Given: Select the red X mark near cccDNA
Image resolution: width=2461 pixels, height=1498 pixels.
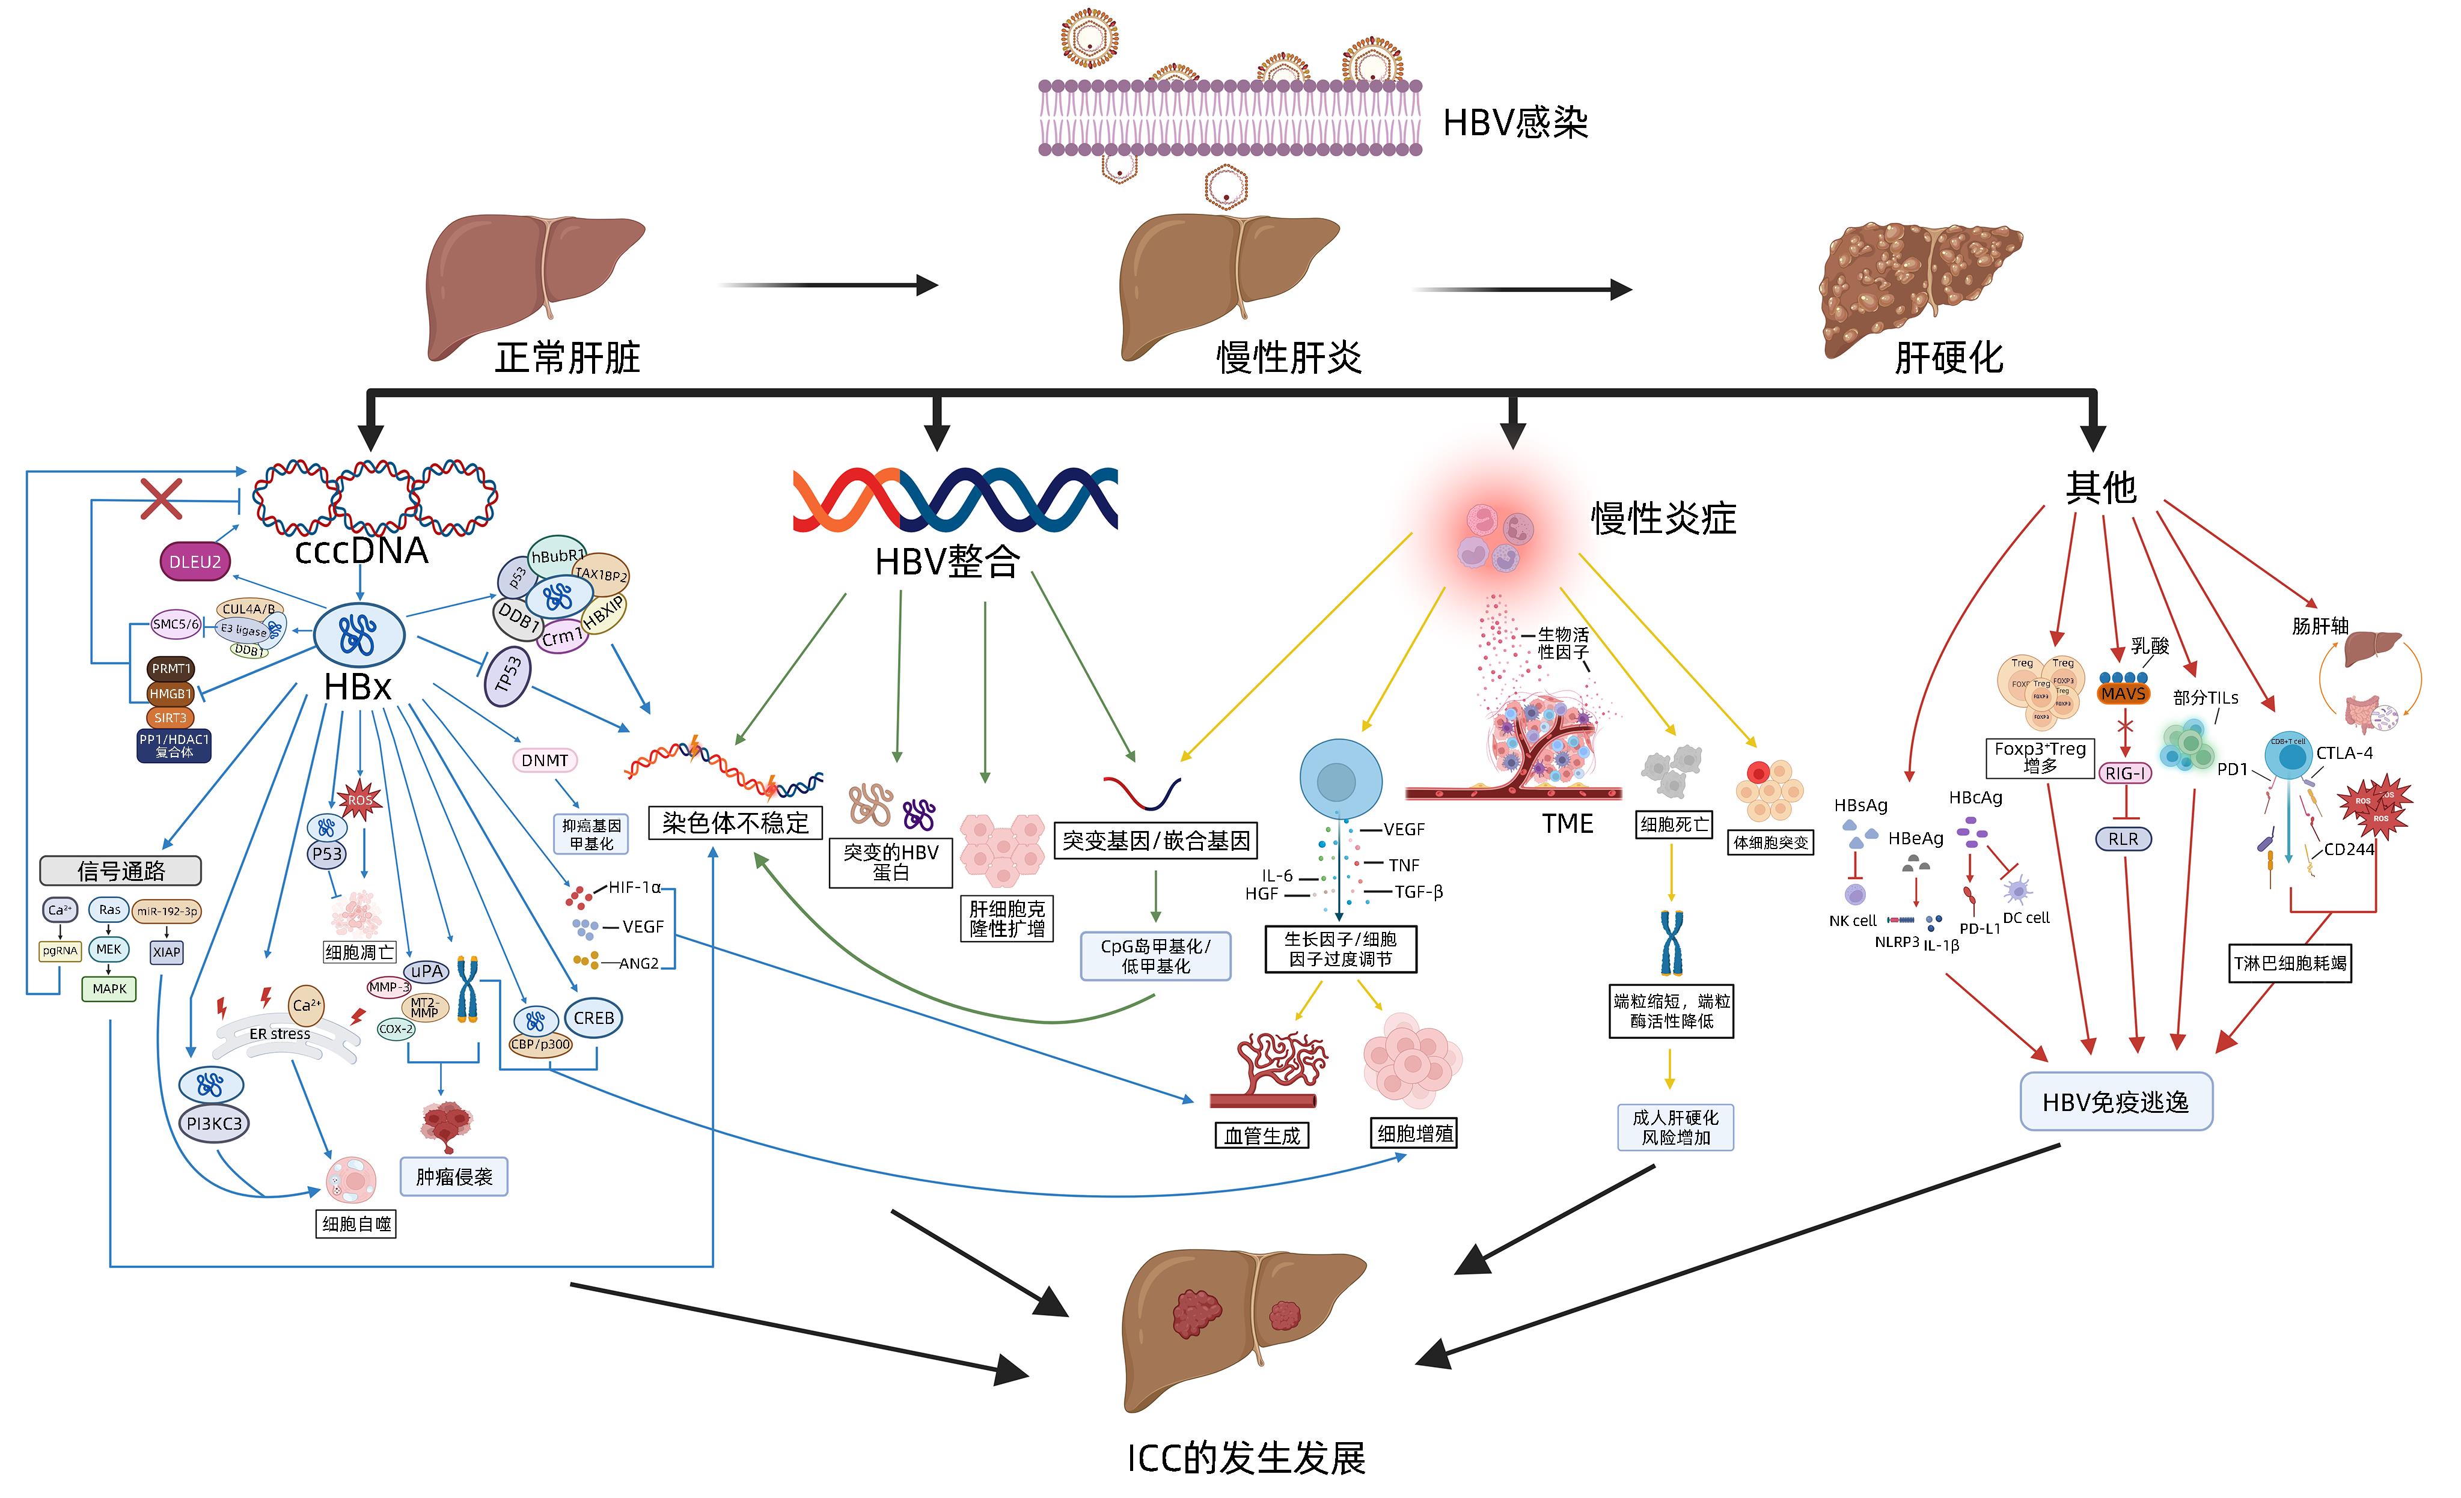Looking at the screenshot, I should pyautogui.click(x=161, y=498).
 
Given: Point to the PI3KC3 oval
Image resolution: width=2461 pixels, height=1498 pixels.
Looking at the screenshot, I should pyautogui.click(x=214, y=1124).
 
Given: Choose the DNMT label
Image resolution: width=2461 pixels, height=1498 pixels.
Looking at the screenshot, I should pyautogui.click(x=545, y=761).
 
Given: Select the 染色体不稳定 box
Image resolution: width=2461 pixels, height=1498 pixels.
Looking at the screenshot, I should pyautogui.click(x=735, y=823).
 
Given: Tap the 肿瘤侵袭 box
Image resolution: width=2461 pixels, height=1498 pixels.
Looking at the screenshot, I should pyautogui.click(x=454, y=1177).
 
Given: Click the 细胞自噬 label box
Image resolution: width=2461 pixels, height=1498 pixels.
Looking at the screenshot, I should pyautogui.click(x=356, y=1223).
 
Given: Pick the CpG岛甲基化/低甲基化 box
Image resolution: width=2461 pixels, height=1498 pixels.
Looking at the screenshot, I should pyautogui.click(x=1155, y=956).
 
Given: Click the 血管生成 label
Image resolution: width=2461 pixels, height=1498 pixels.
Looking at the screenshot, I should pyautogui.click(x=1262, y=1136).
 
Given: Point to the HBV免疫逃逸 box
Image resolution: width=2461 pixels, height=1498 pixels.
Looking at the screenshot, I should pyautogui.click(x=2115, y=1101).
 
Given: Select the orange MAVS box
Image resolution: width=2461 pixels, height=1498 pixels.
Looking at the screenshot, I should pyautogui.click(x=2123, y=693).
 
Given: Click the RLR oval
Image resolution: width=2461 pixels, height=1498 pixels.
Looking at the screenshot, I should pyautogui.click(x=2123, y=839).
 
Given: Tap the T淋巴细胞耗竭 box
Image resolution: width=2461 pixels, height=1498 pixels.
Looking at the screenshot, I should pyautogui.click(x=2290, y=964).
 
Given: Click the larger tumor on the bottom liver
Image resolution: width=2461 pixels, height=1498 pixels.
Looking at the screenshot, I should pyautogui.click(x=1197, y=1314).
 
